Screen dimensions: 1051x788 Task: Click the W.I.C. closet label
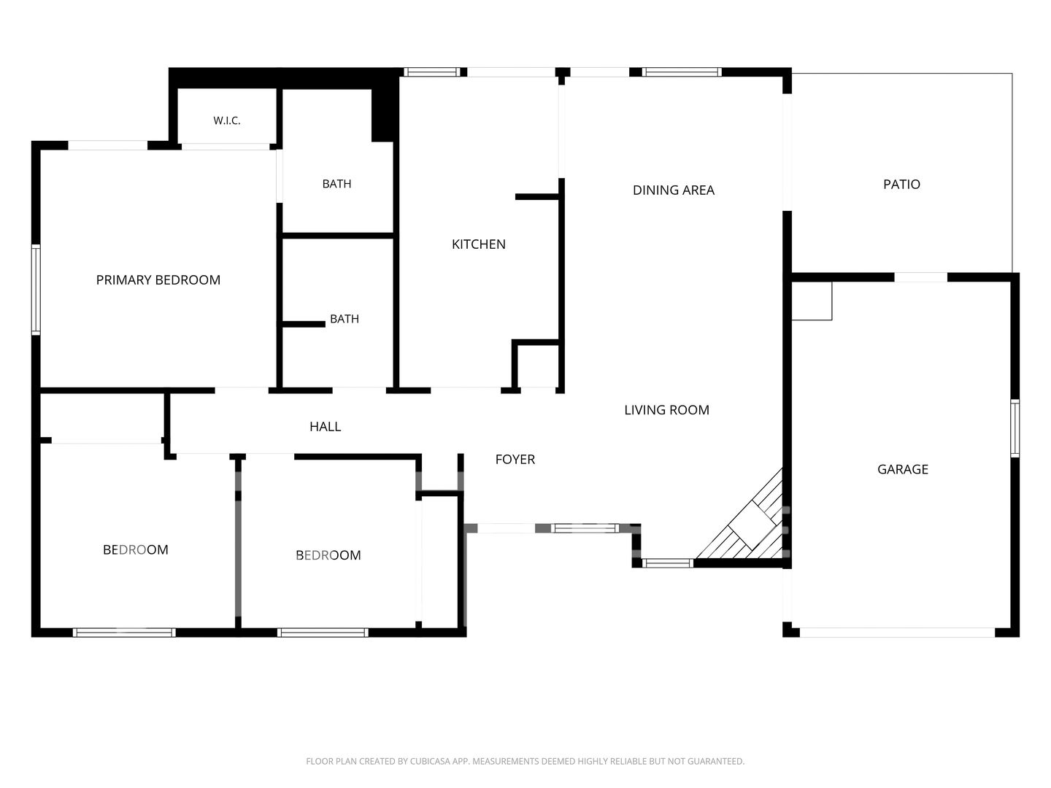(x=226, y=120)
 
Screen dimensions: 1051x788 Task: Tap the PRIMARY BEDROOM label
(x=158, y=280)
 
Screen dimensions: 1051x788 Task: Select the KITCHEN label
(x=478, y=244)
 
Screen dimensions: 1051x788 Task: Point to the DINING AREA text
(x=673, y=190)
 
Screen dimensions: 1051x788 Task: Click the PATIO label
(x=901, y=184)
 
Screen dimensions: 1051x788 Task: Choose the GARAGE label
(x=903, y=469)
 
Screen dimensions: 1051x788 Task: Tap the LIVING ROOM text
(x=666, y=410)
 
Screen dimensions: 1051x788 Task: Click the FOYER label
(x=515, y=460)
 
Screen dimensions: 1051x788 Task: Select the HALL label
(x=325, y=427)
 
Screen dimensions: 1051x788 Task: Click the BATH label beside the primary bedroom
(x=336, y=184)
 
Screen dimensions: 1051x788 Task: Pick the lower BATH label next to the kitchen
(x=344, y=319)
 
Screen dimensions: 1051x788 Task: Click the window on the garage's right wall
(x=1015, y=428)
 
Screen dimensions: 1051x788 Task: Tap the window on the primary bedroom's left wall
(x=36, y=290)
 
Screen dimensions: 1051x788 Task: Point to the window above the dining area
(x=682, y=72)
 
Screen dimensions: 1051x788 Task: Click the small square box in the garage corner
(x=812, y=301)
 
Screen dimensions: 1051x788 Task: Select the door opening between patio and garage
(x=921, y=277)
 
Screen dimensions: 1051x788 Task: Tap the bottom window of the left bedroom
(x=124, y=633)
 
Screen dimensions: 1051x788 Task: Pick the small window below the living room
(x=668, y=563)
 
